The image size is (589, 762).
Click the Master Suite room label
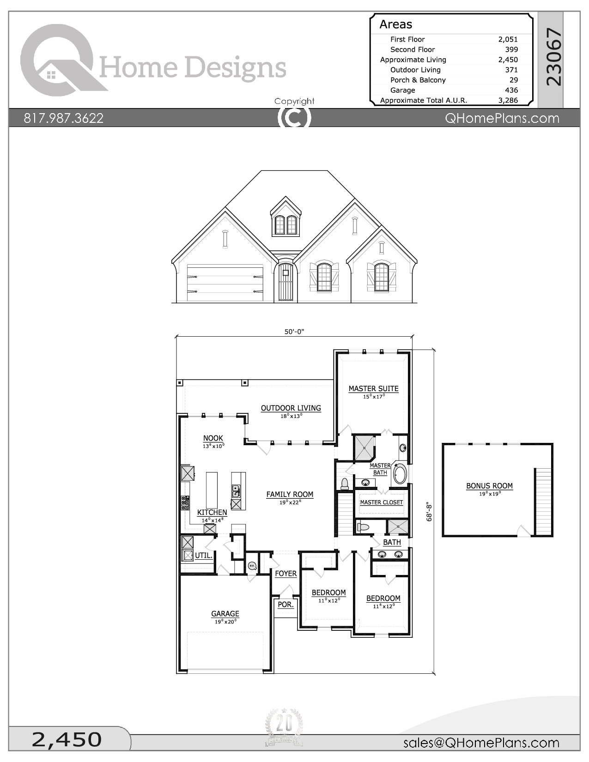point(373,389)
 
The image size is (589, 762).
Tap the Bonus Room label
point(489,486)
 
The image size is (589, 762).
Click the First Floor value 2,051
point(508,39)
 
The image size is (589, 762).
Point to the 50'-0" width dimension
point(294,332)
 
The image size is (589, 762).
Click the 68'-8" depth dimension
point(429,512)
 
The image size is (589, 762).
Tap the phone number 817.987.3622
point(64,118)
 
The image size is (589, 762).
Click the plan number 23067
point(553,57)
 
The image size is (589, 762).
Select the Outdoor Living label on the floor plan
point(291,408)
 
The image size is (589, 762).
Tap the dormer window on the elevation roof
point(285,222)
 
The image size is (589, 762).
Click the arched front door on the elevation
point(285,282)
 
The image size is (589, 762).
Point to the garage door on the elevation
point(225,283)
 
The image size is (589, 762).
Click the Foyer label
point(285,574)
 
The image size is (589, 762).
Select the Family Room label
point(290,495)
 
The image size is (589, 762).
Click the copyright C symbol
point(294,117)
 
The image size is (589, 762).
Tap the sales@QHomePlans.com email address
point(481,743)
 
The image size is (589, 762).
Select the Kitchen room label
point(212,513)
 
